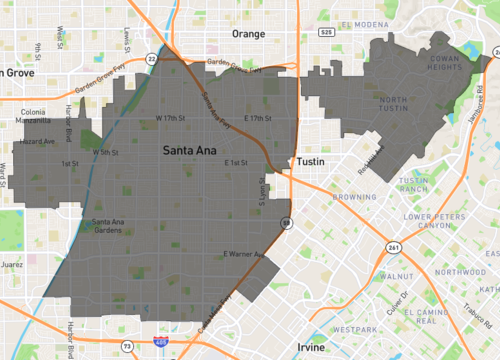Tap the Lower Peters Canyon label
click(436, 221)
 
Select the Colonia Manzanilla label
click(35, 116)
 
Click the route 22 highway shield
click(150, 61)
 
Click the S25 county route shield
click(327, 33)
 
